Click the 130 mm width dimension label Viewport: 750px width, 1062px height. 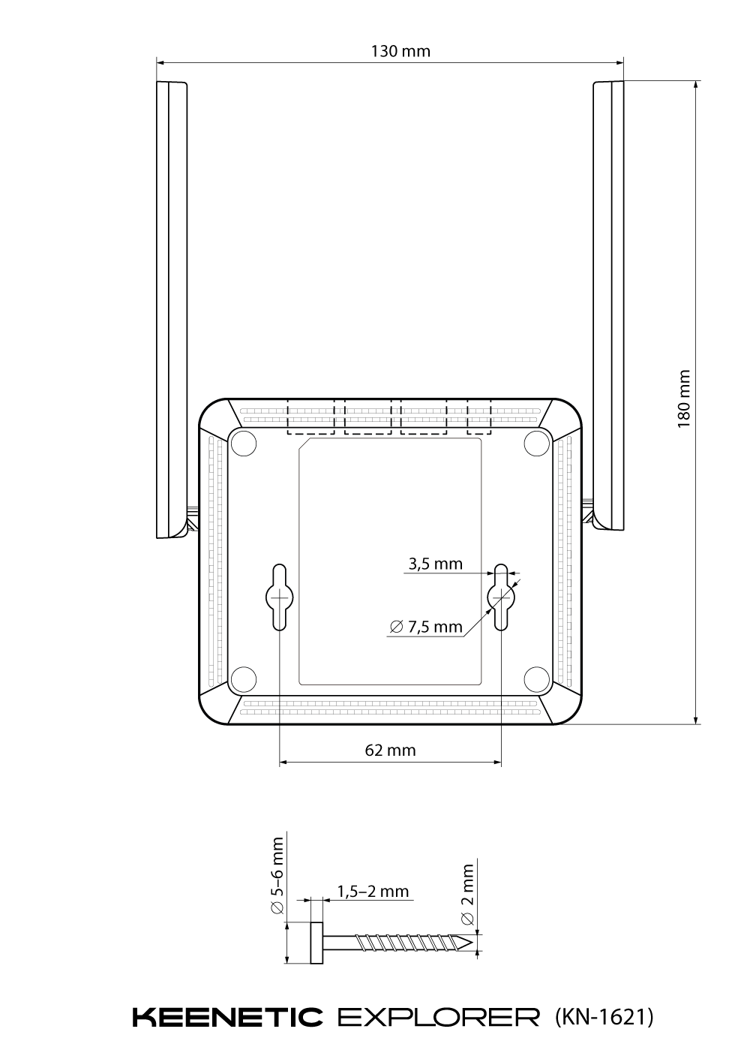click(400, 51)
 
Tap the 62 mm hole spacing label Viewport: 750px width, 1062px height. click(390, 751)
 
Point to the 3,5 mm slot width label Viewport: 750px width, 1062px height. click(436, 564)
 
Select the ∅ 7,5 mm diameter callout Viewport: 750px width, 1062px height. click(426, 627)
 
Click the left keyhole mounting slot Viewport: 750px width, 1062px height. click(280, 597)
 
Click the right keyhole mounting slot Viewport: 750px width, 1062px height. click(501, 597)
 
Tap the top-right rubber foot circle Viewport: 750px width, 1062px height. click(537, 444)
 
